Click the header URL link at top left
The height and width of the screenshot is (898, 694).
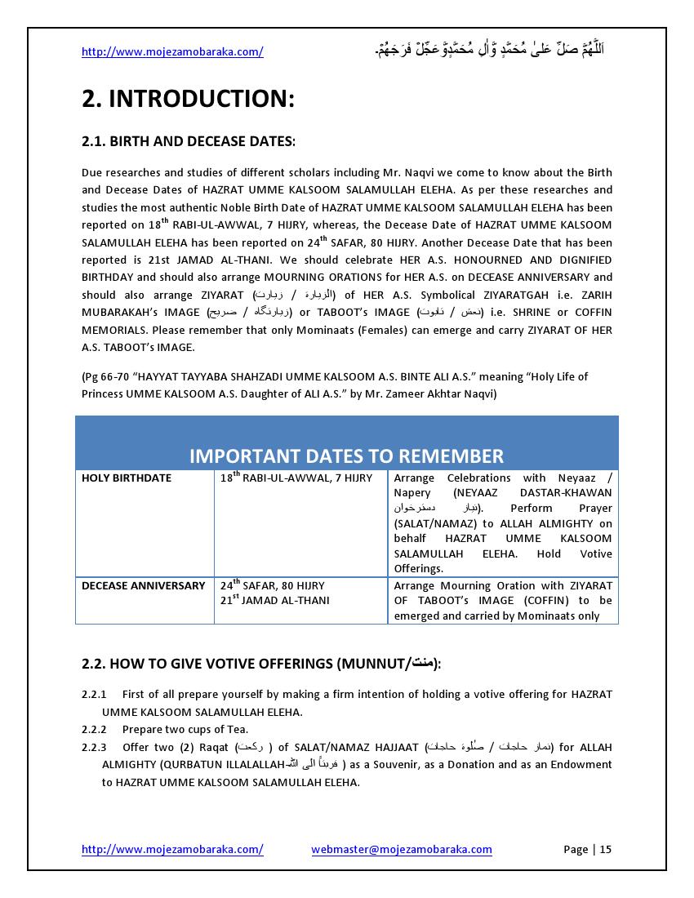tap(172, 52)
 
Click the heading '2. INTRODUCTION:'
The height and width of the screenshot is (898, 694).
tap(188, 100)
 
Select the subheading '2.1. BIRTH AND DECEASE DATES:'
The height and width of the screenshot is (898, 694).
tap(189, 141)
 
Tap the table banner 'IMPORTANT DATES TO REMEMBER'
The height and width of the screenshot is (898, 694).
tap(346, 456)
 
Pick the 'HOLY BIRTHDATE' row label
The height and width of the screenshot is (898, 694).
tap(127, 478)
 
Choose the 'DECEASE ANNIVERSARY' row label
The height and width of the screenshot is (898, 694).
tap(144, 586)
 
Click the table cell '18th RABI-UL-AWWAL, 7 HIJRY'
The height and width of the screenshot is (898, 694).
tap(296, 478)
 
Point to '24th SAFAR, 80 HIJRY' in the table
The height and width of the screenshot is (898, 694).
tap(272, 585)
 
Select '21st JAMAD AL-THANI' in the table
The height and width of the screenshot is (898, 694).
tap(274, 601)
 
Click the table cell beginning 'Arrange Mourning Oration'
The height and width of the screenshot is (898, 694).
tap(502, 601)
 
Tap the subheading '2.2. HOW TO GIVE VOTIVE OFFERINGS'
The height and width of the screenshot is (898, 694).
tap(261, 665)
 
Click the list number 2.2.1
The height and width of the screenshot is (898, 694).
tap(94, 695)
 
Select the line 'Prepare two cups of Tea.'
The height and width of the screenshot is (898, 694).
tap(185, 730)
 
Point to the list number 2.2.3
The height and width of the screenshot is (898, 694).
tap(94, 747)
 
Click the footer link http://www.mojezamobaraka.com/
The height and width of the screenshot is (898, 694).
tap(172, 850)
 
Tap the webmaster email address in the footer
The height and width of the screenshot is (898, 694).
tap(402, 850)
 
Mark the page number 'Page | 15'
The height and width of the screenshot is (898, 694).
tap(587, 850)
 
